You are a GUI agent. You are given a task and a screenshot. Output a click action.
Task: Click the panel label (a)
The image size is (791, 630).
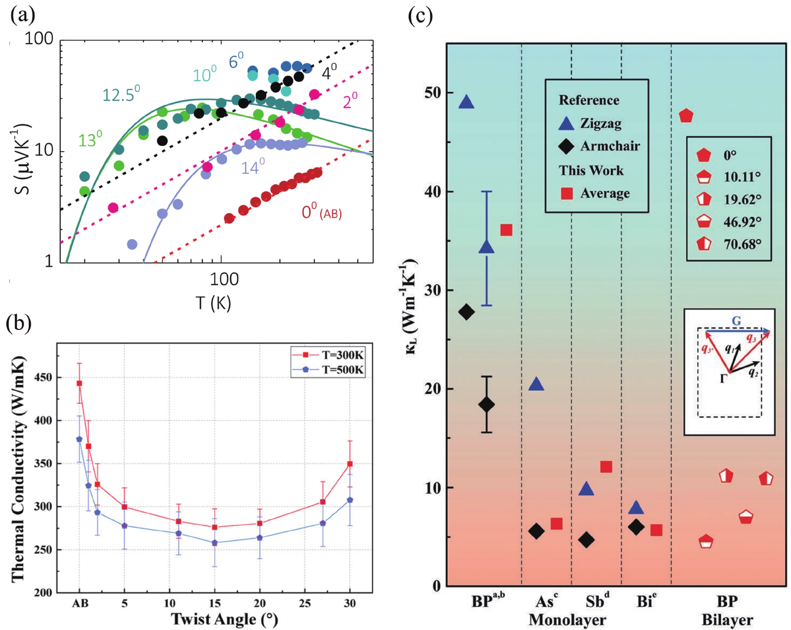click(23, 16)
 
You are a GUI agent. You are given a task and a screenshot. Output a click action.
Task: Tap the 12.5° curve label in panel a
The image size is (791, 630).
click(121, 95)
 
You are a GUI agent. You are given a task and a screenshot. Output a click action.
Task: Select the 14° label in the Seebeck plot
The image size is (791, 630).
click(252, 167)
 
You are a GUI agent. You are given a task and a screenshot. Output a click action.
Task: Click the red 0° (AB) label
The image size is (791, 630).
click(321, 212)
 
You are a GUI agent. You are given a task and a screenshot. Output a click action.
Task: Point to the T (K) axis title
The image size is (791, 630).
click(213, 303)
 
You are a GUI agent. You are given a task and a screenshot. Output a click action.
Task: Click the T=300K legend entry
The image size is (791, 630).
click(328, 355)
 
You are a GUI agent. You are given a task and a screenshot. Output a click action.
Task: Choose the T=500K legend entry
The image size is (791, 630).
click(328, 370)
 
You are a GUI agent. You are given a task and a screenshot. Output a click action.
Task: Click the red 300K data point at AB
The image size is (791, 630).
click(79, 383)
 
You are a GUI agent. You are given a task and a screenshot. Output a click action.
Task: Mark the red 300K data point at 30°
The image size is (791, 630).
click(350, 464)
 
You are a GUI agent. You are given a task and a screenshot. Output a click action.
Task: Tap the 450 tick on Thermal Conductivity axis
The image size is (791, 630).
click(43, 377)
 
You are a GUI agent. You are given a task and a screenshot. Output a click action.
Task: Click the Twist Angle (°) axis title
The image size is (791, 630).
click(224, 619)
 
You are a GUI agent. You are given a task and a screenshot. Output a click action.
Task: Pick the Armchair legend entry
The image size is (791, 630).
click(598, 146)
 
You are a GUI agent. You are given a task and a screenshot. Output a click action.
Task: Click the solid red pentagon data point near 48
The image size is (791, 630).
click(686, 116)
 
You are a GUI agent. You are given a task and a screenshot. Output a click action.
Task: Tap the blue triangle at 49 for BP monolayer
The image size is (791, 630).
click(466, 102)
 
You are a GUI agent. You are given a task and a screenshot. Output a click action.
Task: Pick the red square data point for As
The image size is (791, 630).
click(556, 524)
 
